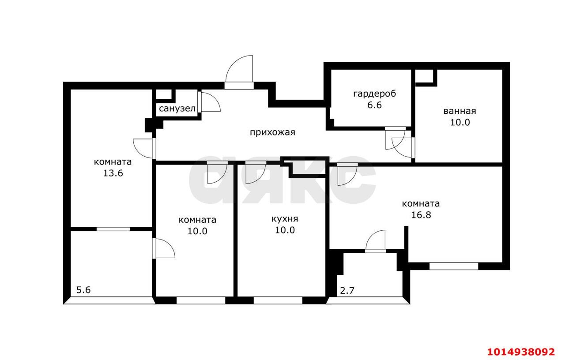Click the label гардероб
(375, 94)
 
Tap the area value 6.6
(375, 105)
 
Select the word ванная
(460, 111)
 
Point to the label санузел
(177, 109)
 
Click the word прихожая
(272, 132)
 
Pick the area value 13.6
(113, 173)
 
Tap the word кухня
(285, 219)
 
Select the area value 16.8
(421, 215)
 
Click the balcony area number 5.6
(83, 290)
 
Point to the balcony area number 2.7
(347, 291)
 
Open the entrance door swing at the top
(239, 69)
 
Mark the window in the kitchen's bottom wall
(278, 300)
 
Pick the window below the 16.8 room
(454, 266)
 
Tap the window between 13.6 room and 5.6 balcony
(113, 229)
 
